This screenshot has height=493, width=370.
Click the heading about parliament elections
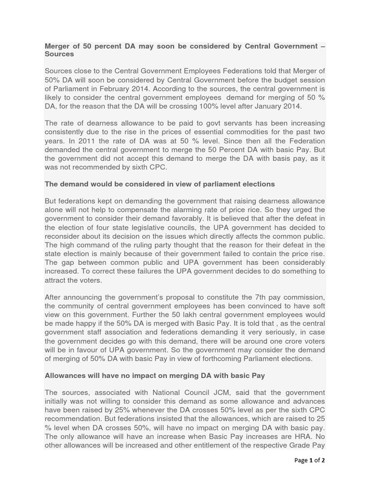click(x=159, y=184)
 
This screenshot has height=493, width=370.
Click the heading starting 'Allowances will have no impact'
click(x=155, y=375)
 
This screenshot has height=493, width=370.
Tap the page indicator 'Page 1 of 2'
click(x=309, y=460)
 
